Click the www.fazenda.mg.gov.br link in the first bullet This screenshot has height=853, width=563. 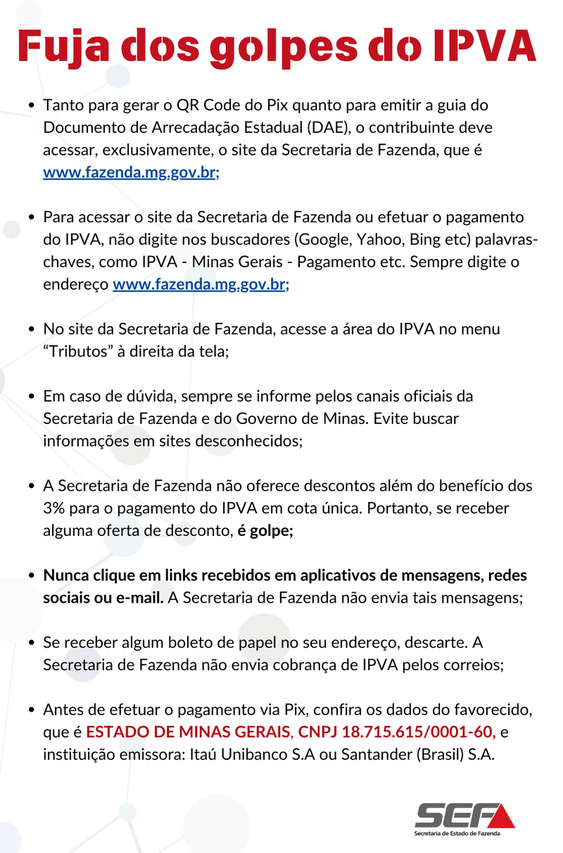[131, 173]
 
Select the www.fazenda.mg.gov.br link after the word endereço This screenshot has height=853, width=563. [201, 285]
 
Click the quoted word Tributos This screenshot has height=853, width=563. [80, 352]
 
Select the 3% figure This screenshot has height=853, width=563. [55, 508]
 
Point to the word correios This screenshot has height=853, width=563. [471, 665]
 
